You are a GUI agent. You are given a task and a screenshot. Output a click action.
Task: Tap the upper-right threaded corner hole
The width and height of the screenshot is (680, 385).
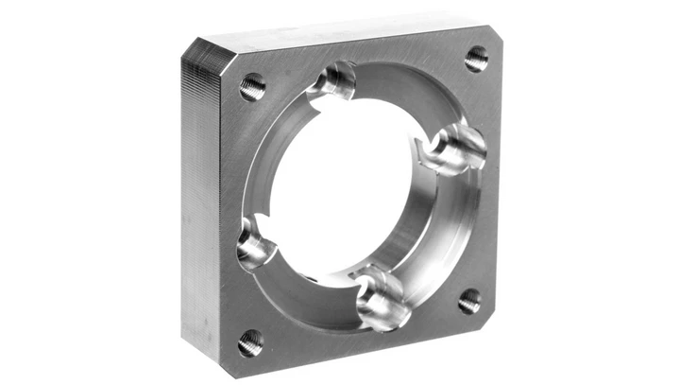point(477,59)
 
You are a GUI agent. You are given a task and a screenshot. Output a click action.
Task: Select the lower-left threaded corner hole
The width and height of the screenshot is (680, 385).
point(250,342)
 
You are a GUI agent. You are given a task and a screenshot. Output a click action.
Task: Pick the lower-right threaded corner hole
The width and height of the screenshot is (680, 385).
point(469,302)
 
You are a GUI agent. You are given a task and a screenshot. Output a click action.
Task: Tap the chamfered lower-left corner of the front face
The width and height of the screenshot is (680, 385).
point(227,359)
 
